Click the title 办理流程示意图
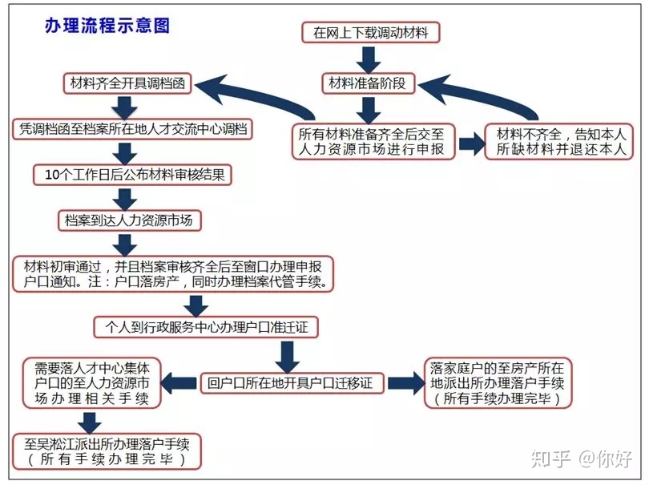[107, 26]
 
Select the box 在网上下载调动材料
[370, 33]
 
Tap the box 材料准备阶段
[369, 83]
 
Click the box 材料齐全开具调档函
[127, 83]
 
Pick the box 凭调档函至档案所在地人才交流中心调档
[132, 129]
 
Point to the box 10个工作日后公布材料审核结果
[132, 175]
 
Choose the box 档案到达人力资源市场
[130, 220]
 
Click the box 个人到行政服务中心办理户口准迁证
[206, 327]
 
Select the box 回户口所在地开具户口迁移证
[292, 382]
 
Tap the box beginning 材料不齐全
[558, 141]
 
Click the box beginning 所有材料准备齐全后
[373, 141]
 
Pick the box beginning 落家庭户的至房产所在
[498, 383]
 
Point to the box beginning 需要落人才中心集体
[91, 383]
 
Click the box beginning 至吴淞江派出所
[107, 451]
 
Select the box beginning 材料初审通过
[173, 274]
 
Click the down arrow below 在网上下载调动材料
[369, 59]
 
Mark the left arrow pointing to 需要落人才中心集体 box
[179, 383]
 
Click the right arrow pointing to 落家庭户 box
[401, 383]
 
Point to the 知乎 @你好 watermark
[581, 459]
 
